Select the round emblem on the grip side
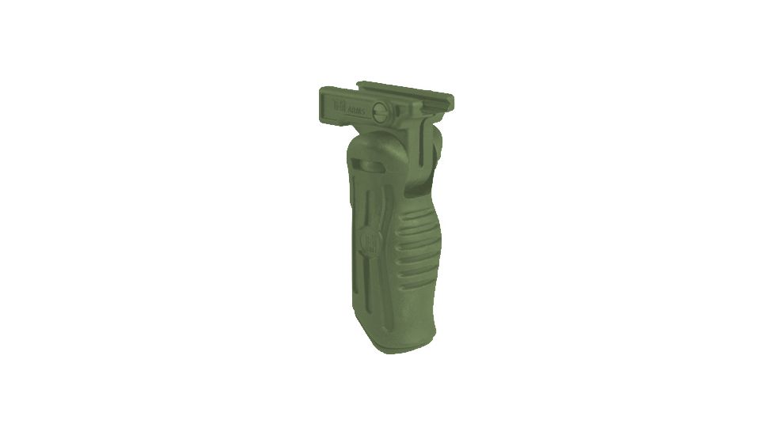tap(368, 240)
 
